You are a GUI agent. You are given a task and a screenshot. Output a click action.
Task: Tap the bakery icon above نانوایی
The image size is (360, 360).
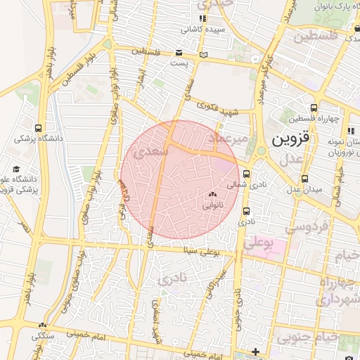213,194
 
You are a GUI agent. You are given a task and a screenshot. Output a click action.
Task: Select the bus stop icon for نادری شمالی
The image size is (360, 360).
246,174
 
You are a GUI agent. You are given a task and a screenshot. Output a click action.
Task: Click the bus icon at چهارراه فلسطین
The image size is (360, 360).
313,108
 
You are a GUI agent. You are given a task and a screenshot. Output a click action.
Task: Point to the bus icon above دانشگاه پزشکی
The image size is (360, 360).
39,127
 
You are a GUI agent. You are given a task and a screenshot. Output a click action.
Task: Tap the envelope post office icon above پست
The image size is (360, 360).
178,53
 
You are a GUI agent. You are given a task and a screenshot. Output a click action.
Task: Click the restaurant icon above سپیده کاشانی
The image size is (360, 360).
203,19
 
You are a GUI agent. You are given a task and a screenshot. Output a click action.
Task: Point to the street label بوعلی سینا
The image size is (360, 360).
205,250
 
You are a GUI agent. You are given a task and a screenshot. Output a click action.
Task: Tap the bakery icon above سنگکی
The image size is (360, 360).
42,325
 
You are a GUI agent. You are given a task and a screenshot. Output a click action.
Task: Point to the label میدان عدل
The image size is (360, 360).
302,189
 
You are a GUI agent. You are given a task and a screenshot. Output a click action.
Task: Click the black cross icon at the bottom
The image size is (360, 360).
255,351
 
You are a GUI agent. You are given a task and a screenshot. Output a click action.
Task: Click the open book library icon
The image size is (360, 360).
203,54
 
